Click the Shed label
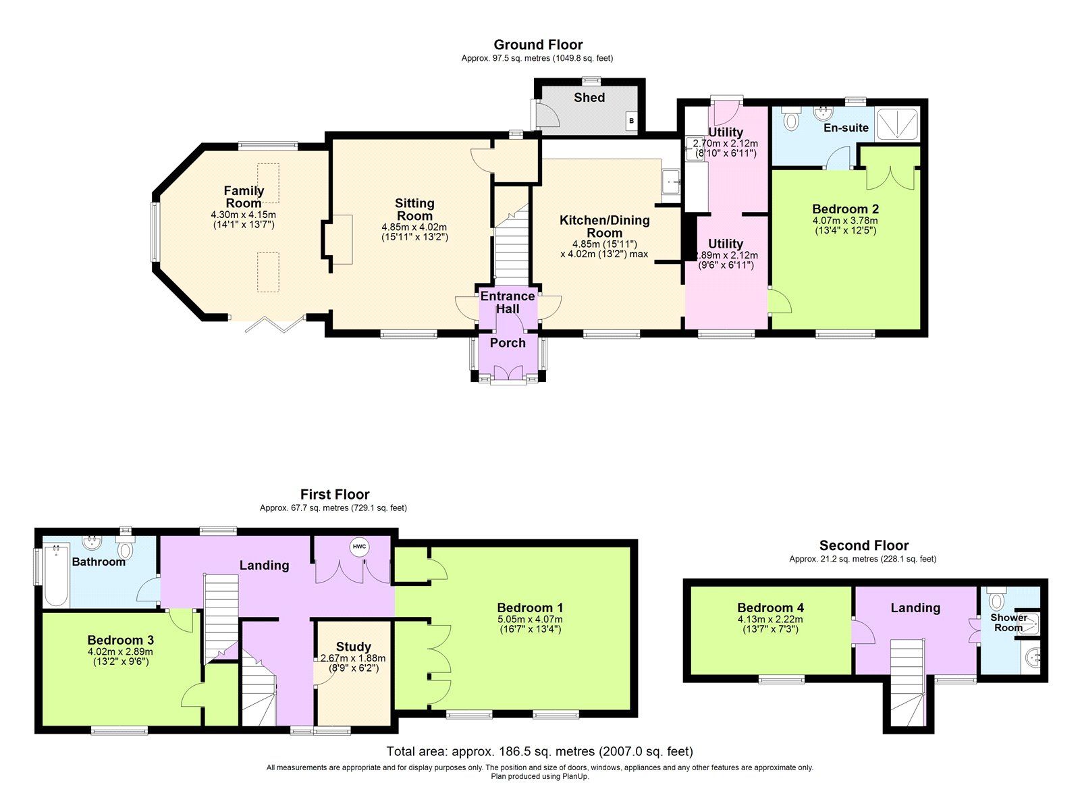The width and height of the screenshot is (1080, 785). (x=589, y=97)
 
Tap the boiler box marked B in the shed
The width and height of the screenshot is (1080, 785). (x=632, y=121)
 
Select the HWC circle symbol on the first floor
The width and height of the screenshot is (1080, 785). (x=358, y=547)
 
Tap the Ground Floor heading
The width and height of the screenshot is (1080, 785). (x=538, y=45)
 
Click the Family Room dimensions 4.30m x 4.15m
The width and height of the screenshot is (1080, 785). (x=243, y=215)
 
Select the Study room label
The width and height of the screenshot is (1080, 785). (x=353, y=647)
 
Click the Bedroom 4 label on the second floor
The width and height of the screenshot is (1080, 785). (x=770, y=607)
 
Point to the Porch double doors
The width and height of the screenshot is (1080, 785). (x=508, y=373)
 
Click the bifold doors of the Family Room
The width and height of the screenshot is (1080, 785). (x=268, y=323)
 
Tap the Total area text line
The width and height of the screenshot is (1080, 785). (x=539, y=751)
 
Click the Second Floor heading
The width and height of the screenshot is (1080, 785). (x=863, y=545)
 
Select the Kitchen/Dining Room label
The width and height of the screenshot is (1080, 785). (x=604, y=226)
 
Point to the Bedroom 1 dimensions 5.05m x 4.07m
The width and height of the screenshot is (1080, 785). (x=530, y=620)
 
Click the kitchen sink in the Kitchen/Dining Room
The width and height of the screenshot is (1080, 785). (x=670, y=181)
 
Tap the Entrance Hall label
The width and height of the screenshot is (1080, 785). (x=508, y=302)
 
